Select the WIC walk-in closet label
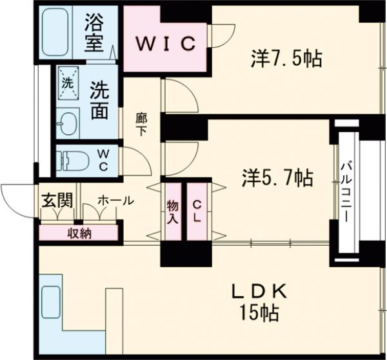[x=165, y=44]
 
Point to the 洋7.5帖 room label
[x=286, y=59]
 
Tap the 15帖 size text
[x=261, y=314]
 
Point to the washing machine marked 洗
[x=67, y=83]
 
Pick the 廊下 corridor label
[x=141, y=124]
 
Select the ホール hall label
[x=115, y=201]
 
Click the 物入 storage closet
[x=172, y=212]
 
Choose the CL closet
[x=197, y=212]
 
